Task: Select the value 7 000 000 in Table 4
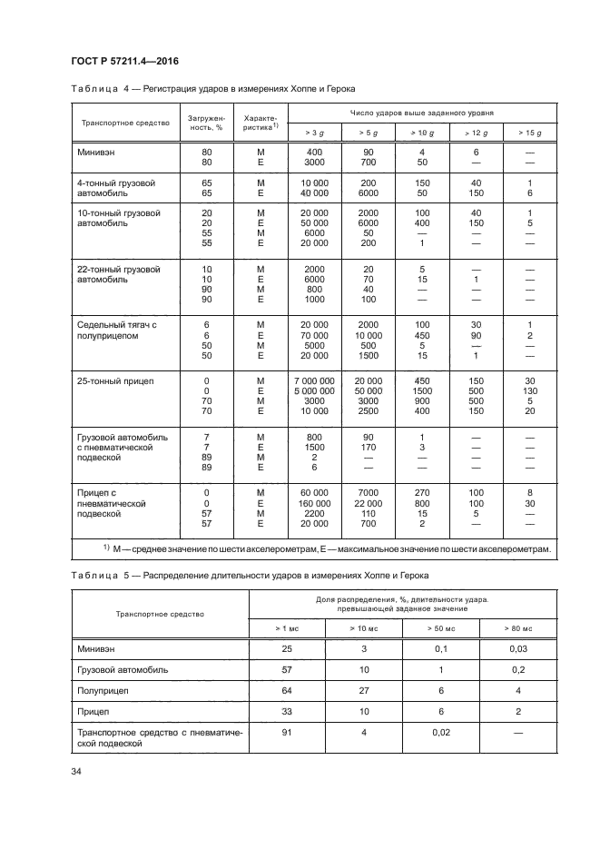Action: coord(315,380)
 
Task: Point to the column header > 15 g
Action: coord(529,133)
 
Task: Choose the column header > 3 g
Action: coord(315,133)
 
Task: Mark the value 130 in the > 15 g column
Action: coord(529,391)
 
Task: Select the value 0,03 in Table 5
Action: coord(519,649)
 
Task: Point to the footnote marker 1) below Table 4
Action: coord(106,548)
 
